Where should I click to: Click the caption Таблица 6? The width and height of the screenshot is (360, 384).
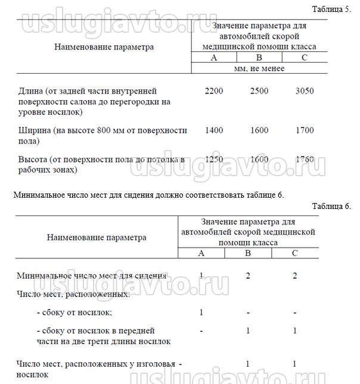331,206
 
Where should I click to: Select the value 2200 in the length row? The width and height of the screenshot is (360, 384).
213,91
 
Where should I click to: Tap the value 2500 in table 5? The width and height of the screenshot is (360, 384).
259,91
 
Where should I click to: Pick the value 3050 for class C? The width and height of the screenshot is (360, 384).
305,91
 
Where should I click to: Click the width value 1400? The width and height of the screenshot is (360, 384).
213,130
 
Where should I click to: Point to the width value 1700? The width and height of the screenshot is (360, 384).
305,130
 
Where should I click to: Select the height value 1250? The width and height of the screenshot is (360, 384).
213,160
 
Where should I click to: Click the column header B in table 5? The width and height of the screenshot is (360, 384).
259,58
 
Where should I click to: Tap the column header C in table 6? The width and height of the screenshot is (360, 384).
294,254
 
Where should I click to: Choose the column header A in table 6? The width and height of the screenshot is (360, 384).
201,254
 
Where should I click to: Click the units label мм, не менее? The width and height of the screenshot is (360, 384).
259,68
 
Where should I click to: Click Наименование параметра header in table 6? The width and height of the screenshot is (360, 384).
97,237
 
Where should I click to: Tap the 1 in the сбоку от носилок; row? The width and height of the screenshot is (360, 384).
201,312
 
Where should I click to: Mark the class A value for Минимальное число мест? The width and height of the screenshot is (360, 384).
201,275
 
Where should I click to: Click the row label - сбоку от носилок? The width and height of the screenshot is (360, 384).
74,312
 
